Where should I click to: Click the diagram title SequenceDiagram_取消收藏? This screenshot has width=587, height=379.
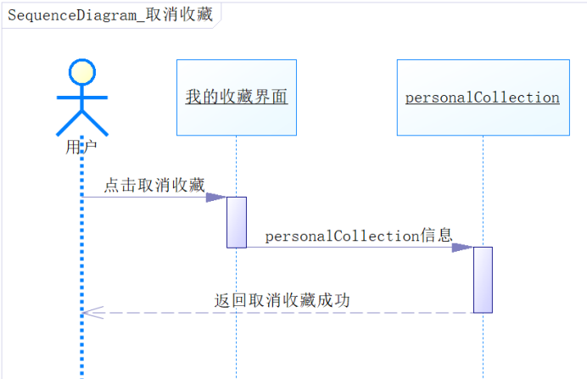110,16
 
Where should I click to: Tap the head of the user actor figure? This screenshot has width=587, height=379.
81,72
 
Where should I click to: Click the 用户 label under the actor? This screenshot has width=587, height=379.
81,147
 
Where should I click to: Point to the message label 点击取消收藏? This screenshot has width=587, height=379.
154,186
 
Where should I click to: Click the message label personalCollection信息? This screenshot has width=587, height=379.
359,236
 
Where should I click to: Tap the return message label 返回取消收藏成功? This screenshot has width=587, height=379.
282,300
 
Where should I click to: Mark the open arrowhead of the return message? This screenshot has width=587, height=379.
91,313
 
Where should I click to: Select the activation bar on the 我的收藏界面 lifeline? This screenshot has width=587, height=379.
237,222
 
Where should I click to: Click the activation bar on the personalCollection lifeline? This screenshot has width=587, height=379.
483,280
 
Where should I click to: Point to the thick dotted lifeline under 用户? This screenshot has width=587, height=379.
82,254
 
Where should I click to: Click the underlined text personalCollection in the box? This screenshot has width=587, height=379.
482,98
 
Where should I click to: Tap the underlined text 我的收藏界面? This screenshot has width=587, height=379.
237,98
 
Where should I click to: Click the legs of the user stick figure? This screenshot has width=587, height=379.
82,123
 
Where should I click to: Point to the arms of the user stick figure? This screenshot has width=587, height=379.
82,96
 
